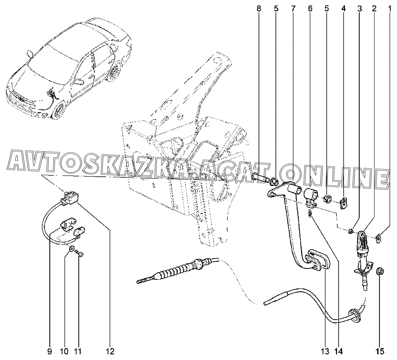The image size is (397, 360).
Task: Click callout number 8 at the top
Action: click(x=259, y=8)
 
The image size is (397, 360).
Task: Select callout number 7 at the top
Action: click(x=293, y=8)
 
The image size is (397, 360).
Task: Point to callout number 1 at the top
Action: click(x=389, y=8)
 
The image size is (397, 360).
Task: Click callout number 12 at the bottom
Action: click(x=110, y=351)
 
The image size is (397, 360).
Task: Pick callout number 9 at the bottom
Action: click(x=50, y=351)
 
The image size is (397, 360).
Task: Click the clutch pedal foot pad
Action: click(x=319, y=260)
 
